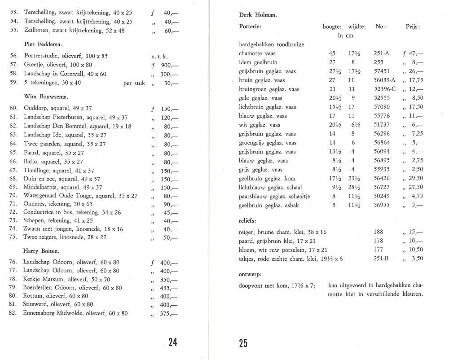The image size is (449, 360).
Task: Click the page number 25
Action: tap(243, 344)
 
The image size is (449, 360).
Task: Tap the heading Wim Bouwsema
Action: tap(43, 96)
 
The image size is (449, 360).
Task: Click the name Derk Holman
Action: tap(258, 16)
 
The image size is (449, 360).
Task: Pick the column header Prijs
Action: tap(413, 27)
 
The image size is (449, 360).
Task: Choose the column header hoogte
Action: tap(333, 27)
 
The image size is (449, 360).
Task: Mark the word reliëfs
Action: tap(248, 221)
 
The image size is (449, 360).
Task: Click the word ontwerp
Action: tap(250, 274)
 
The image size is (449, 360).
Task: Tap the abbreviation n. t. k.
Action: tap(160, 57)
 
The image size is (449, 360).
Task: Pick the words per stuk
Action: tap(134, 83)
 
